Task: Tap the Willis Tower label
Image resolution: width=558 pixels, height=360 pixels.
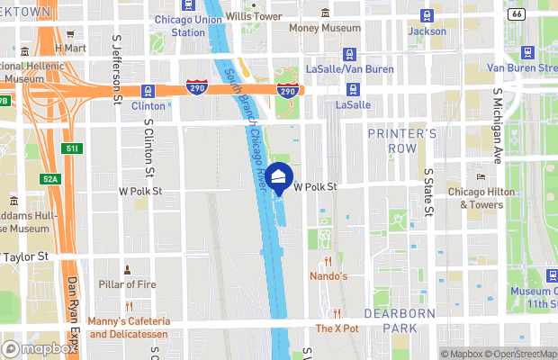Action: [252, 16]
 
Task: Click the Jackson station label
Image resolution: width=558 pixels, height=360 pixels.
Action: [427, 31]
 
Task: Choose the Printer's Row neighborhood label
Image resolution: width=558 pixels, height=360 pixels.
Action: [402, 140]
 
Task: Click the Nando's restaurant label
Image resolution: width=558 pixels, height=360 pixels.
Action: [329, 275]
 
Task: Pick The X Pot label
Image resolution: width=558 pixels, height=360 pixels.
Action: [337, 328]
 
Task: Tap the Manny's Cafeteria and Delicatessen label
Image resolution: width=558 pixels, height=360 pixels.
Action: [129, 328]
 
